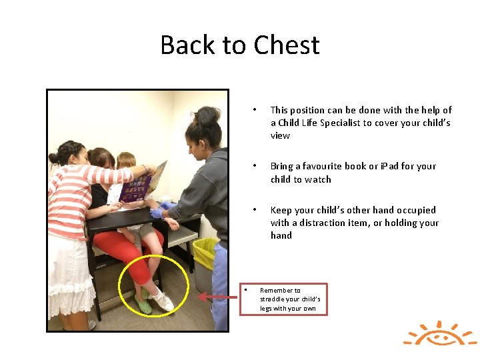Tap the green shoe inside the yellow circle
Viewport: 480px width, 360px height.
(143, 303)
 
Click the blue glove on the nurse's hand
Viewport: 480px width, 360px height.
(158, 213)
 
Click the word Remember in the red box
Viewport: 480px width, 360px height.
(280, 290)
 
